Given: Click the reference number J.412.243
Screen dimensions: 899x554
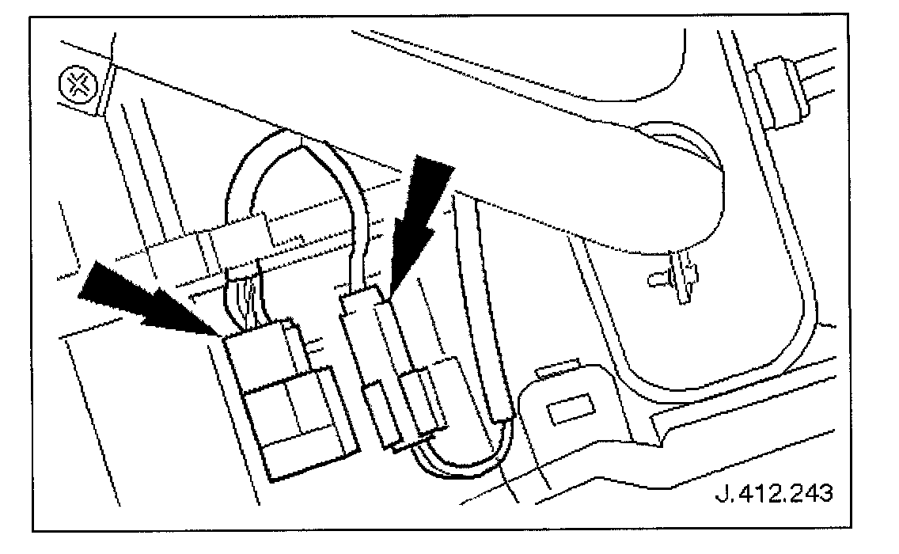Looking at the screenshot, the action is [773, 494].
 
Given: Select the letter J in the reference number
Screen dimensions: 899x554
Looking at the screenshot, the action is [721, 494].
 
